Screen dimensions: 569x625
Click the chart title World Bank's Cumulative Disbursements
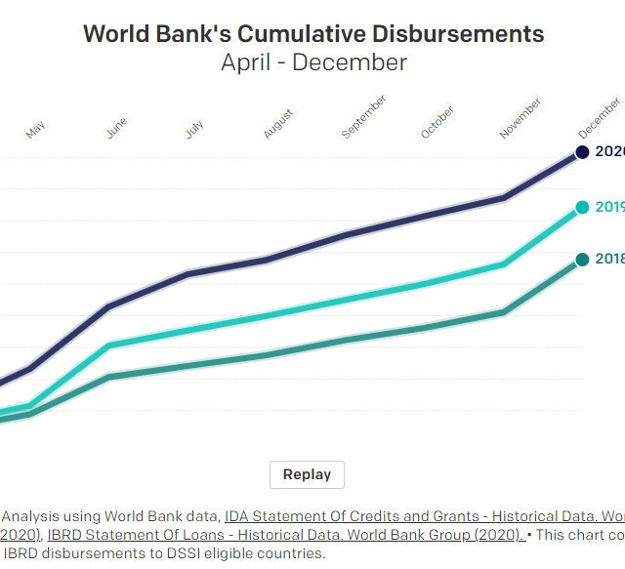pyautogui.click(x=312, y=32)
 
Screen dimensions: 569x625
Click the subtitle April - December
pyautogui.click(x=312, y=62)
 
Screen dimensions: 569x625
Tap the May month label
pyautogui.click(x=36, y=130)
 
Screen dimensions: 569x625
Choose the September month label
pyautogui.click(x=364, y=117)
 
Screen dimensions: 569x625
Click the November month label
pyautogui.click(x=521, y=118)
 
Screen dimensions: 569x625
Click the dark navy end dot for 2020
pyautogui.click(x=582, y=152)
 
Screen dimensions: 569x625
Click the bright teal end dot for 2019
pyautogui.click(x=582, y=207)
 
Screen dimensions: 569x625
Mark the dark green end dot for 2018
pyautogui.click(x=582, y=259)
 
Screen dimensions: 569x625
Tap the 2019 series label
pyautogui.click(x=609, y=207)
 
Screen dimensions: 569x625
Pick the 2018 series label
pyautogui.click(x=609, y=259)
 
